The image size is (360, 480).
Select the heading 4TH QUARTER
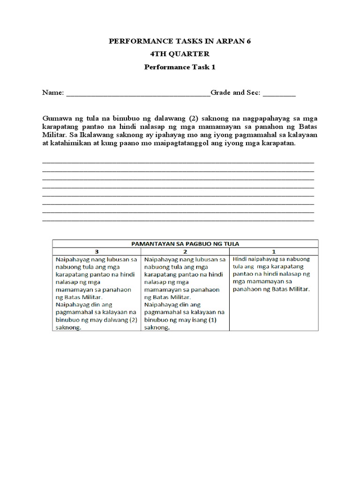coord(180,54)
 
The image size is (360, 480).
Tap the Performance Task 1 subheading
coord(180,67)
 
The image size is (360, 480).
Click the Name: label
coord(53,93)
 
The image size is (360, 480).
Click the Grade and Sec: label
coord(235,93)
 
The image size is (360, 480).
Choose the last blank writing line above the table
coord(178,220)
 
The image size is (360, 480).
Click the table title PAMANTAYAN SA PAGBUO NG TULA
coord(185,243)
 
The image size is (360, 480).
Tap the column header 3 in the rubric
coord(97,251)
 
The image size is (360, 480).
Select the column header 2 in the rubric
coord(185,251)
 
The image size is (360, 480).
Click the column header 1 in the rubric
coord(274,251)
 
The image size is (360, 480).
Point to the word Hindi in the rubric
coord(241,259)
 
